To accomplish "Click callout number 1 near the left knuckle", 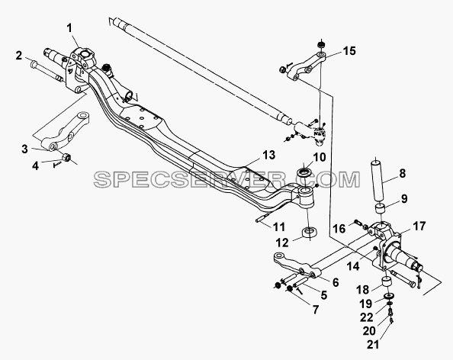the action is [x=69, y=29].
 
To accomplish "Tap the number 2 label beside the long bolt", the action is [x=19, y=56].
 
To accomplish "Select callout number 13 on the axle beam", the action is [x=269, y=155].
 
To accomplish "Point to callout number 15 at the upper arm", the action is [x=349, y=51].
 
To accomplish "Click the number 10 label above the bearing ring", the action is [x=319, y=157].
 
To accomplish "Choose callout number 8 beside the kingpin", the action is [x=402, y=174].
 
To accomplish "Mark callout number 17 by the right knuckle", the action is [x=419, y=227].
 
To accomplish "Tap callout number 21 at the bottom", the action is [x=373, y=345].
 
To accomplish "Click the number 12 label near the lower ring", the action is [x=282, y=243].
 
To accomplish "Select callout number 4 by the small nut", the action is [x=35, y=166].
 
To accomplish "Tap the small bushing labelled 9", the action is [x=381, y=209].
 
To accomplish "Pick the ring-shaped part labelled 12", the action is [x=310, y=233].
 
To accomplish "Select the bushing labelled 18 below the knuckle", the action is [x=387, y=282].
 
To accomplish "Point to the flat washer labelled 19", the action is [x=390, y=296].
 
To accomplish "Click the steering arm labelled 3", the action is [x=65, y=131].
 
